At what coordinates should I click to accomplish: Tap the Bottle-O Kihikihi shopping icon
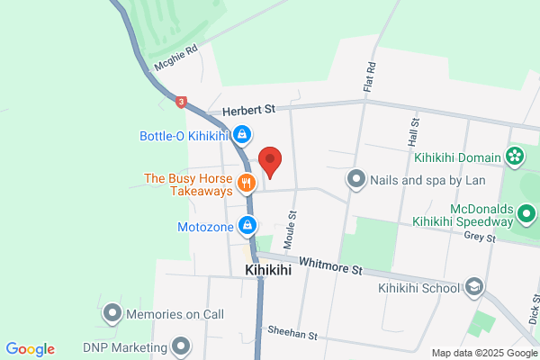(x=241, y=136)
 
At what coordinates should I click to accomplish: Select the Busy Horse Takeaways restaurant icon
(x=247, y=184)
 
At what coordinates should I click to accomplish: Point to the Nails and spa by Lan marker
(x=356, y=179)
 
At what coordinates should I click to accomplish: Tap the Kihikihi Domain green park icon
(x=514, y=157)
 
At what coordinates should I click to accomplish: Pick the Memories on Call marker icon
(x=112, y=314)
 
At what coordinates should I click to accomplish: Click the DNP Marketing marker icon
(x=182, y=346)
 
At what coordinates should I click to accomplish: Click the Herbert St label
(x=249, y=109)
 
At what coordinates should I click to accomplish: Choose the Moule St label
(x=290, y=231)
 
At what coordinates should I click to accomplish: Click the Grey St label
(x=480, y=238)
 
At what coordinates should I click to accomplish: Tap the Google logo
(x=30, y=349)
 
